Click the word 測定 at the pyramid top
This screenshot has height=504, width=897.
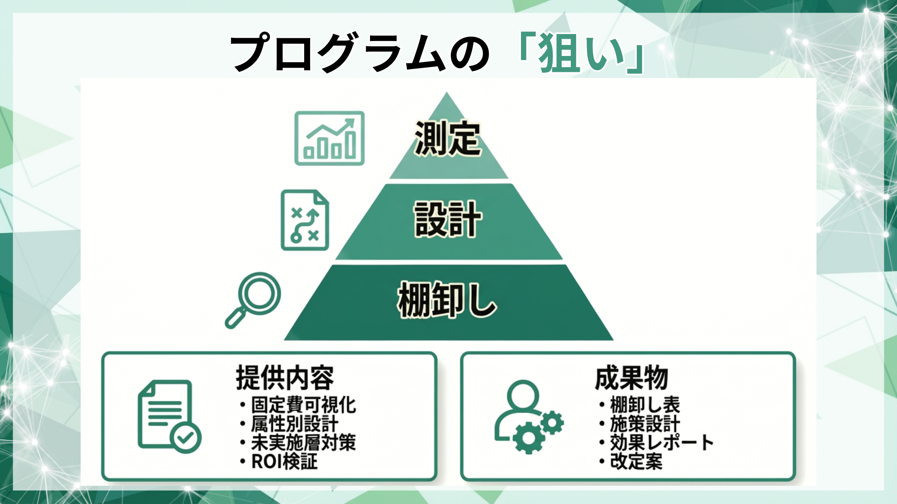[x=447, y=138]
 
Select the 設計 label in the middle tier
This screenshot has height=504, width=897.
[x=447, y=219]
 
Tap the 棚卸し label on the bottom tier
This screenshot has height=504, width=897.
[x=447, y=300]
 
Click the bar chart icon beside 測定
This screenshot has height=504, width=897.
[x=329, y=138]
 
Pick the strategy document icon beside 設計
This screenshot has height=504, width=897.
[x=305, y=220]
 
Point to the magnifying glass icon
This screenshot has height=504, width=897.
[x=253, y=300]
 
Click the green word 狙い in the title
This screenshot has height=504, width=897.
[x=582, y=53]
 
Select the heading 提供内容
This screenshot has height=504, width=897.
[x=285, y=378]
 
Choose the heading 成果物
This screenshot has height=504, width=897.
[x=631, y=378]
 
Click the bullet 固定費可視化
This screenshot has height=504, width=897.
[x=303, y=405]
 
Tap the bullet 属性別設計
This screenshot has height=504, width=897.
[x=294, y=424]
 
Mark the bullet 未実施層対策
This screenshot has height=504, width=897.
[x=303, y=442]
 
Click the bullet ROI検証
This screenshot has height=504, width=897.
[x=285, y=462]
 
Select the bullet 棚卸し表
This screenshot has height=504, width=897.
[x=645, y=405]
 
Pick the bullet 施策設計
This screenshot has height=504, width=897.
[x=645, y=424]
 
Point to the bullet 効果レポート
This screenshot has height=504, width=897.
[x=662, y=442]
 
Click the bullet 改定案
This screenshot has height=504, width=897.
[x=636, y=462]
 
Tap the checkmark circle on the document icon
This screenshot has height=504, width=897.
[x=185, y=437]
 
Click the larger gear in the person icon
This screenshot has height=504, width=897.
[x=528, y=437]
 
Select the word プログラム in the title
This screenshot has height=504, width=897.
[x=336, y=53]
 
